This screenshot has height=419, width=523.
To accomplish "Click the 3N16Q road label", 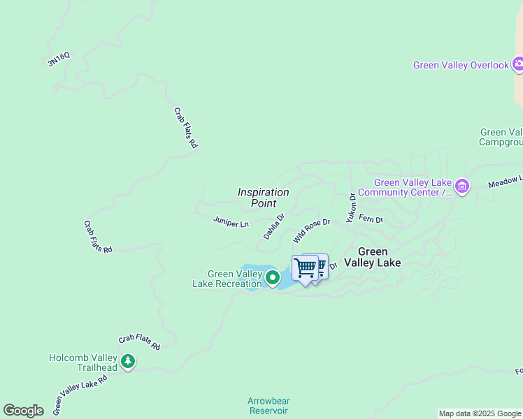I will (x=59, y=61).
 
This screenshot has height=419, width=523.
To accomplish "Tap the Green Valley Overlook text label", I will (x=461, y=65).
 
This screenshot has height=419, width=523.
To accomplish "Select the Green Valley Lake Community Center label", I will (x=413, y=187).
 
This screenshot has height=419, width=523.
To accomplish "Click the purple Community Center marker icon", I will (x=461, y=186).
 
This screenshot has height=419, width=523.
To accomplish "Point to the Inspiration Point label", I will (x=263, y=198).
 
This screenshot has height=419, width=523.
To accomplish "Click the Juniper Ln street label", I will (x=231, y=223).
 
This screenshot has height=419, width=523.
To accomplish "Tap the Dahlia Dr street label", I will (x=274, y=226).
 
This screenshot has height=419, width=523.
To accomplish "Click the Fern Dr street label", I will (x=371, y=219).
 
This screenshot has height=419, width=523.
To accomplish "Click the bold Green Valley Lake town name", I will (x=380, y=257).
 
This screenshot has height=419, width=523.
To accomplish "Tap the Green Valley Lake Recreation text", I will (x=227, y=279).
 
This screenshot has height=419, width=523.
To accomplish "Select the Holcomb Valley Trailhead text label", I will (x=83, y=362).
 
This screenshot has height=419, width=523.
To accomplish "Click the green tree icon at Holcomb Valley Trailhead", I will (x=127, y=362).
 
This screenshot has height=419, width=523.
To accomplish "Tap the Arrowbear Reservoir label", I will (x=268, y=406).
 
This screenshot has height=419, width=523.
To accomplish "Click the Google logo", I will (x=23, y=411).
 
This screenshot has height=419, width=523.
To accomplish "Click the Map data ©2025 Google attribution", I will (x=480, y=413).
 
